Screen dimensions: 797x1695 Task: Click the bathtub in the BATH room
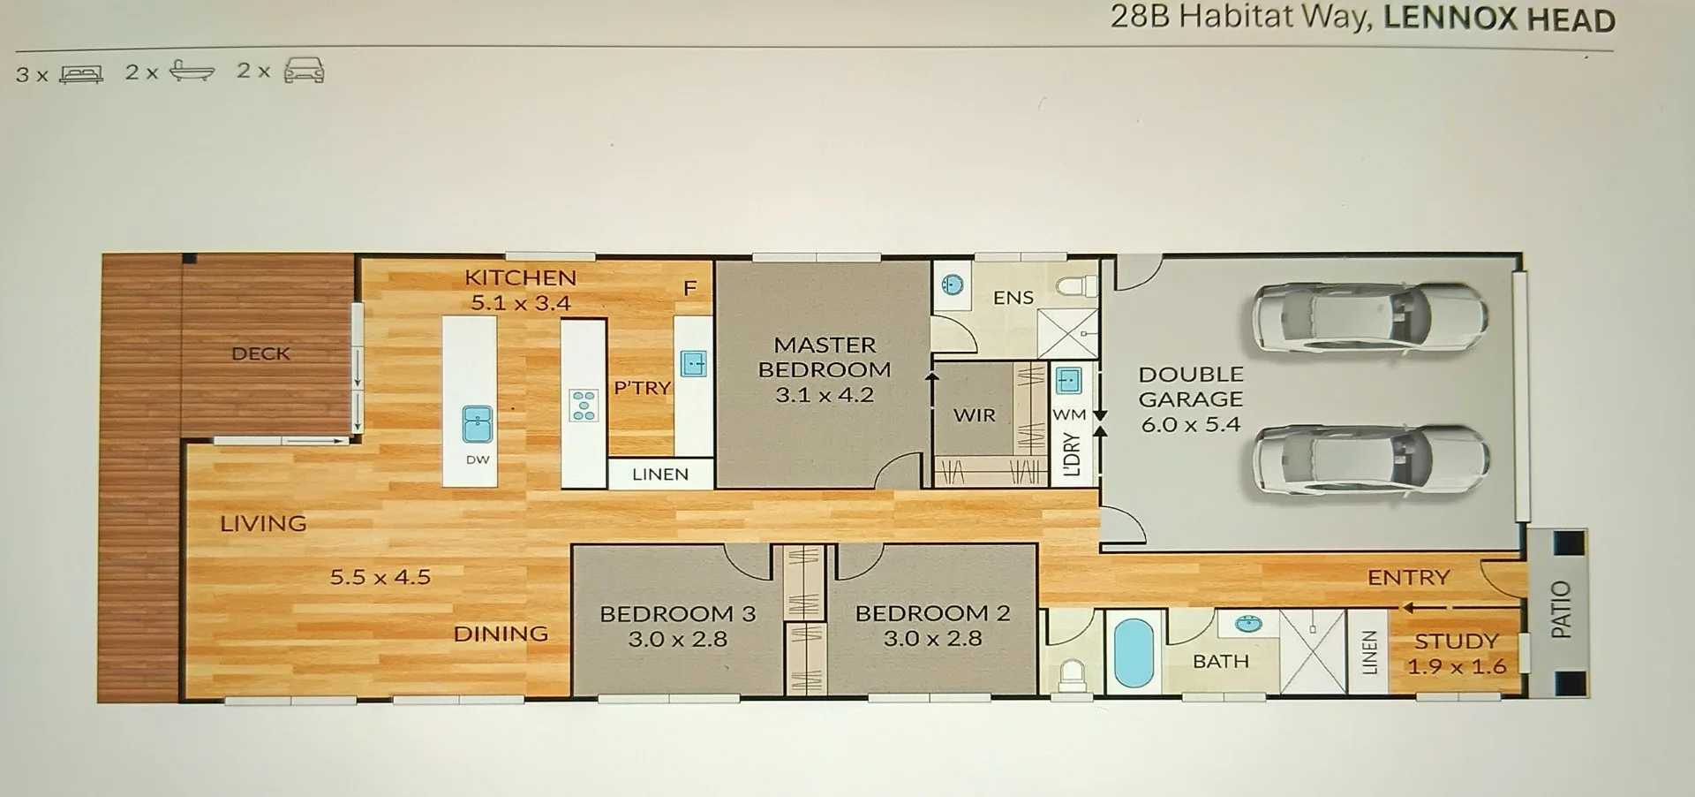1134,653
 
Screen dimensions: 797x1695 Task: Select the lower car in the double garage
1371,460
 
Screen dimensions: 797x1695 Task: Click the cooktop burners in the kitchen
584,406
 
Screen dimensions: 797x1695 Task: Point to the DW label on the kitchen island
478,459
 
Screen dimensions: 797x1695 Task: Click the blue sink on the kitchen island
478,424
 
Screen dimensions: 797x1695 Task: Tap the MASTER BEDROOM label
825,357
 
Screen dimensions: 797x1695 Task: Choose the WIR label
974,415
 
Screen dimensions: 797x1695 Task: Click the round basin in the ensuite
953,285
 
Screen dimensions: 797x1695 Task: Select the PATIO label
1561,610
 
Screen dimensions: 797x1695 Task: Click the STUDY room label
1456,641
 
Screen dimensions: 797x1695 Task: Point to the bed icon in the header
81,74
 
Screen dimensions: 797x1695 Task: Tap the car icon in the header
305,71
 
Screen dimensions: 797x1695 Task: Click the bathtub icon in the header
192,71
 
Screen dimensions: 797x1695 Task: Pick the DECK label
260,353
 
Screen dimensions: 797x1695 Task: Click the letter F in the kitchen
690,288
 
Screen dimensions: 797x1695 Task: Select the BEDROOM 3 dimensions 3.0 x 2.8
677,639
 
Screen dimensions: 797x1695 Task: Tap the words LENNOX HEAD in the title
1498,19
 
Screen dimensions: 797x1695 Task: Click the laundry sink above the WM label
1068,381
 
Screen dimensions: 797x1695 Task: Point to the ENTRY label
1408,578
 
